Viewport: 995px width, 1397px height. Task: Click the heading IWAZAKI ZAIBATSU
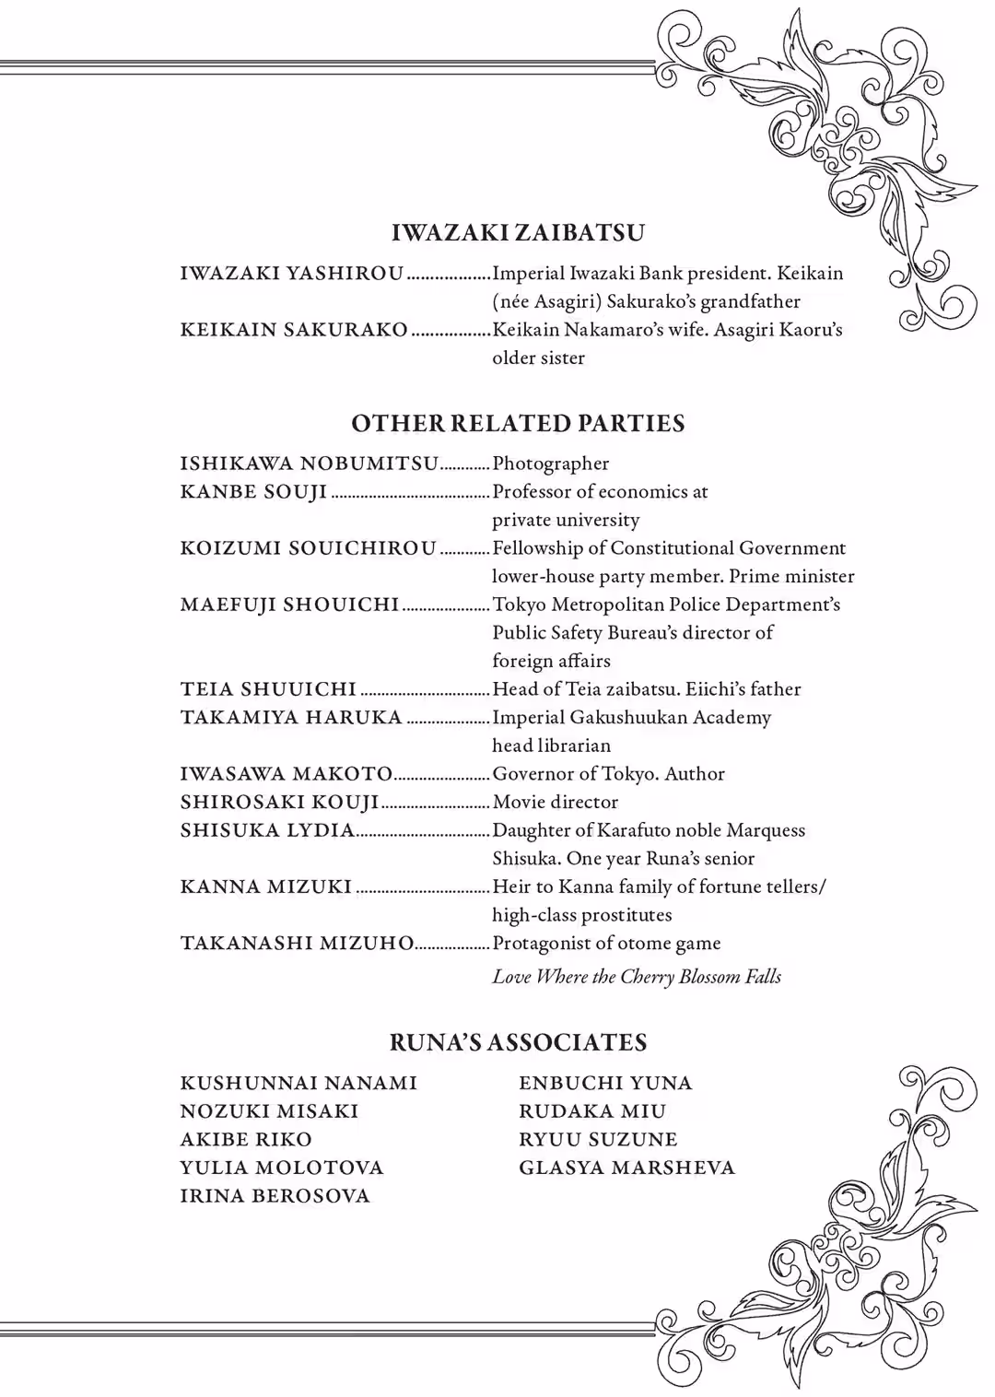coord(518,232)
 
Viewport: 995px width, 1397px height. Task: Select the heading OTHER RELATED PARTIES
coord(518,424)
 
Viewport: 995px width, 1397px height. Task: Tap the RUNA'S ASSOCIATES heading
coord(518,1042)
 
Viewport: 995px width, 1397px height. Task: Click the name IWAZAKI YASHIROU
coord(291,274)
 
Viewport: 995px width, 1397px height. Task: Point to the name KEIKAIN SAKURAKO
coord(294,330)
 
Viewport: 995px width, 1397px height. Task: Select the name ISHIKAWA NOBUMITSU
coord(309,464)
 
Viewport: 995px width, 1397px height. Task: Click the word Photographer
coord(551,464)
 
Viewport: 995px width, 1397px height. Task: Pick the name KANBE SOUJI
coord(253,492)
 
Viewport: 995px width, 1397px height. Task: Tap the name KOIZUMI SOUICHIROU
coord(308,548)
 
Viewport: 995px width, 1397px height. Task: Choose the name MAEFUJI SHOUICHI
coord(289,605)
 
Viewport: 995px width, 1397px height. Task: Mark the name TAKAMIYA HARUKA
coord(291,718)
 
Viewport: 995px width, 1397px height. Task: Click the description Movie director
coord(556,802)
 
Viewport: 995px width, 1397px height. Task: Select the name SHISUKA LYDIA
coord(267,830)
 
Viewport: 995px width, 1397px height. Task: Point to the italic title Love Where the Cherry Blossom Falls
coord(637,977)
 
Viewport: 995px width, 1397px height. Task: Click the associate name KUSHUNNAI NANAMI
coord(298,1083)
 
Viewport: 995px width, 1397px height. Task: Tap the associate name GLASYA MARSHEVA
coord(626,1168)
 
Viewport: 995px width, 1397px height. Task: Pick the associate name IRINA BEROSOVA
coord(275,1196)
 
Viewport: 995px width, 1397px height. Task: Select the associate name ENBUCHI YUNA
coord(605,1083)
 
